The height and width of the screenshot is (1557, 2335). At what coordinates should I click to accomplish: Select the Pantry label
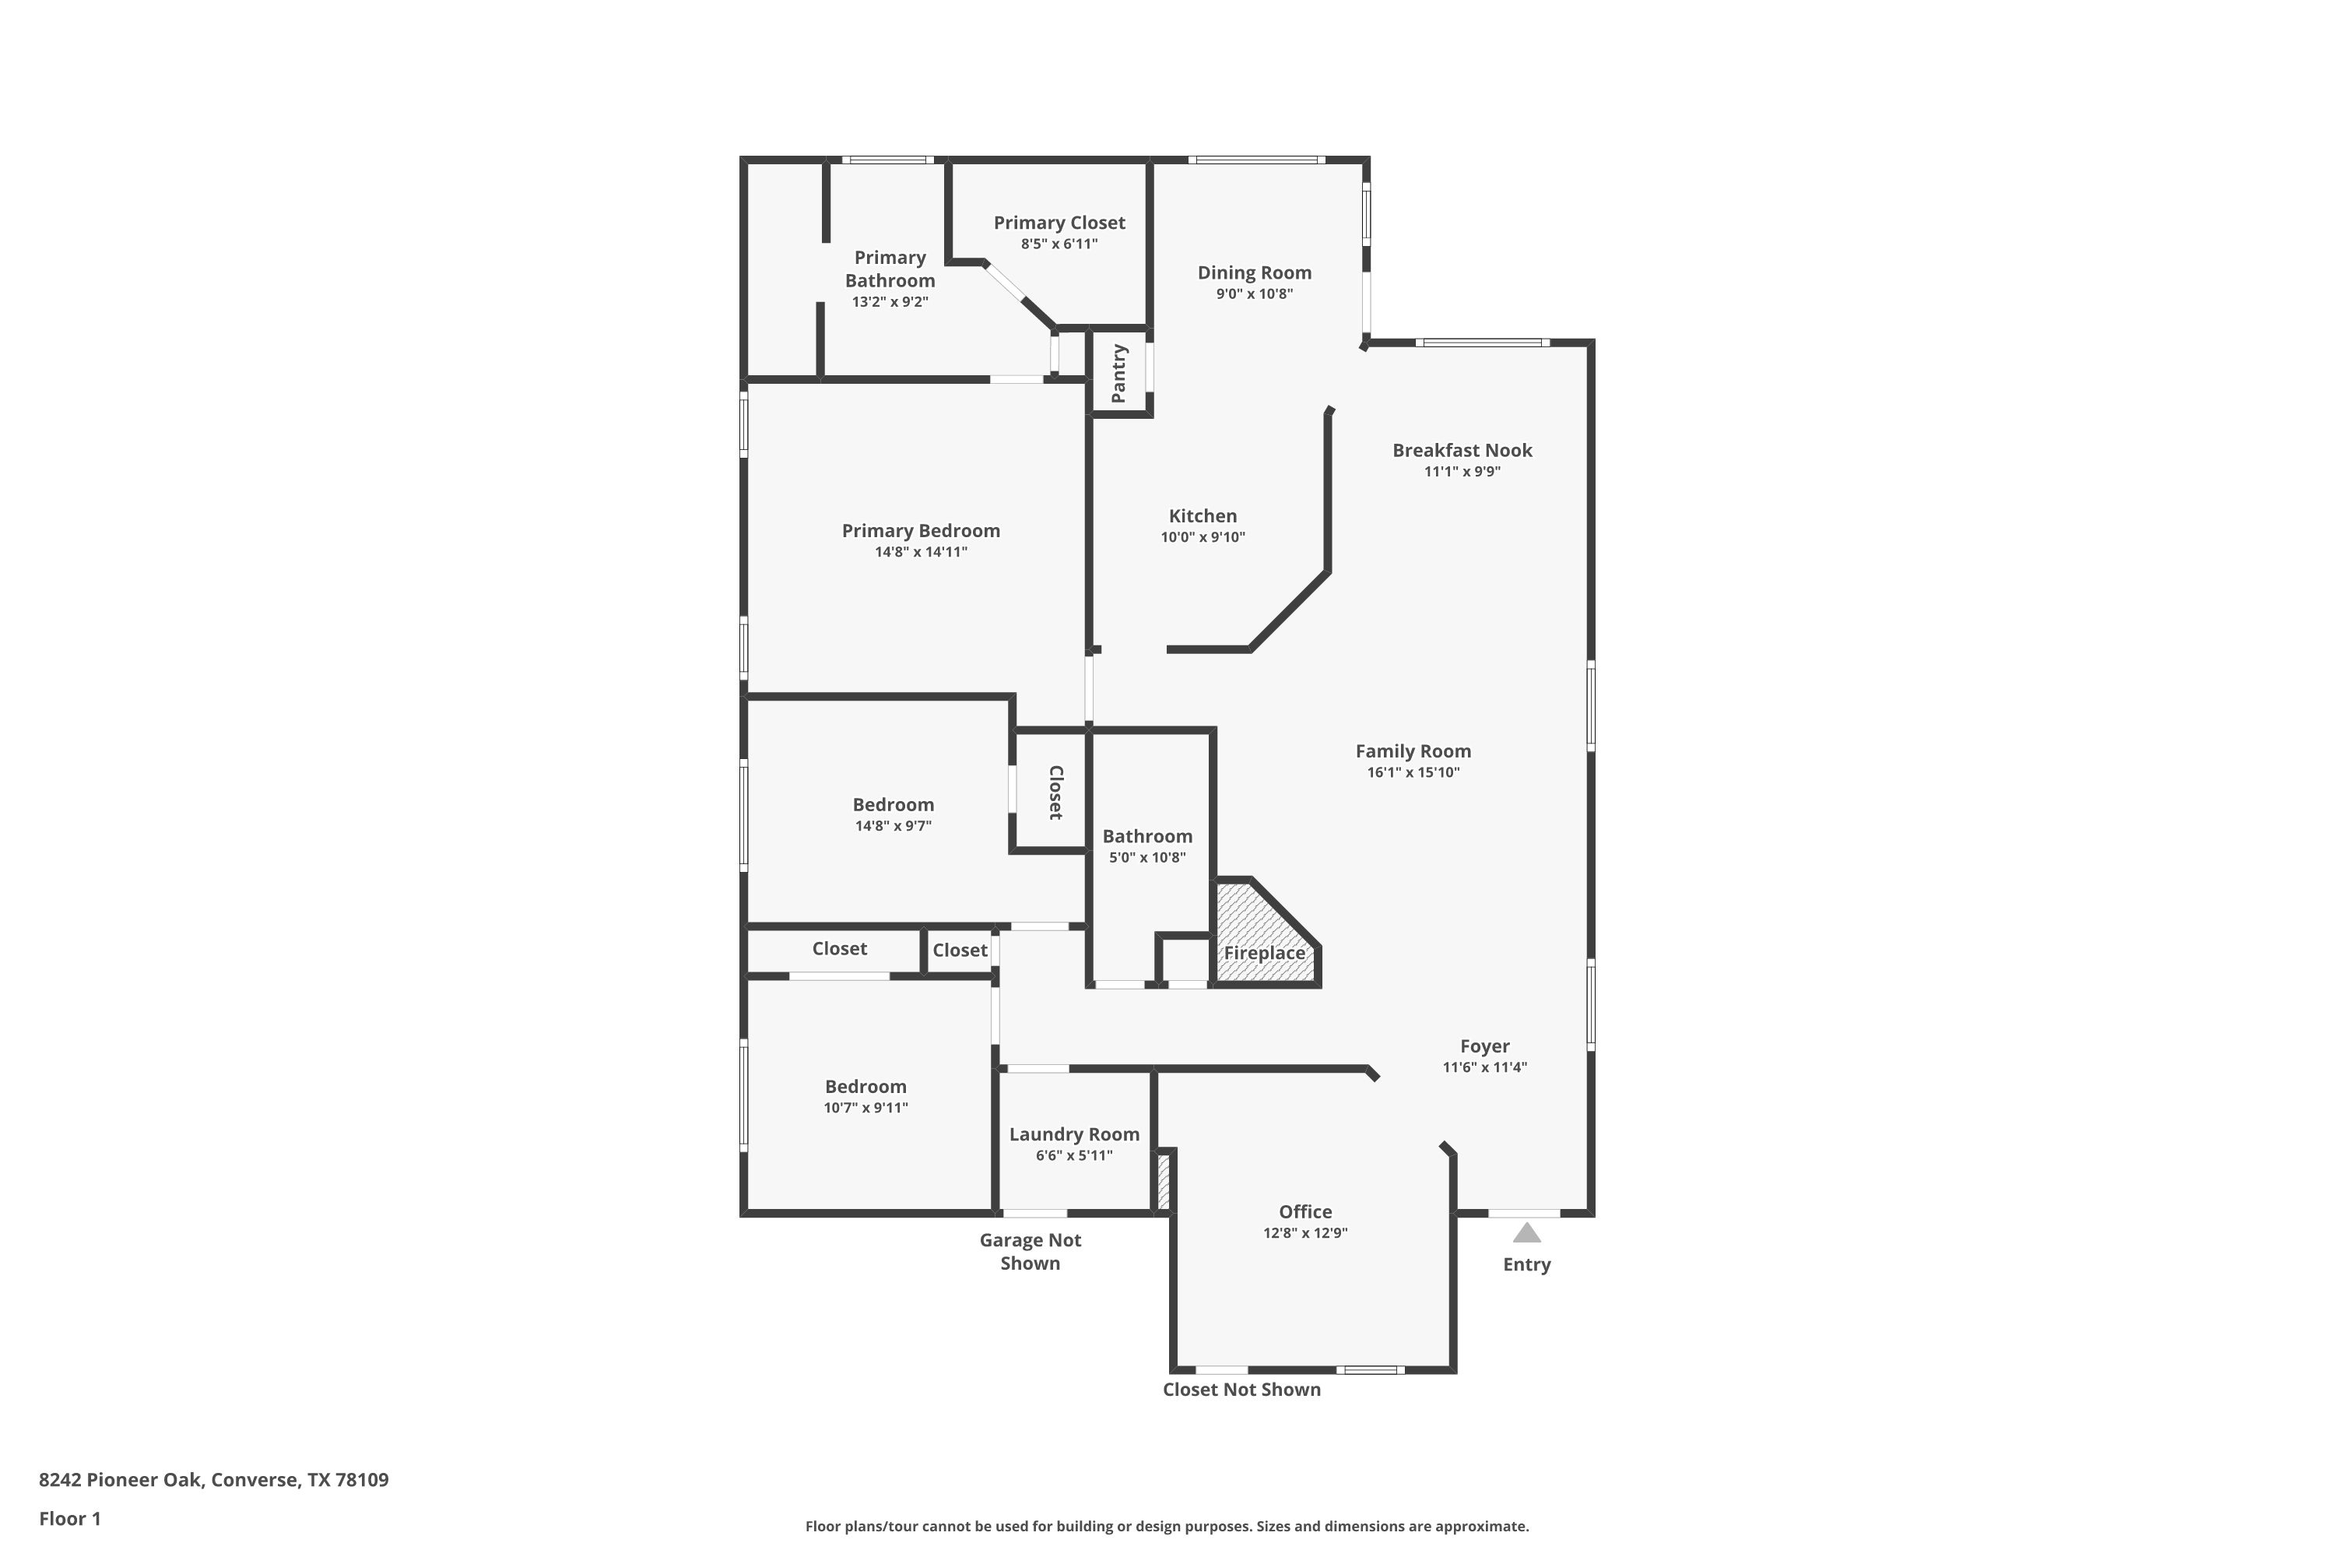[1119, 374]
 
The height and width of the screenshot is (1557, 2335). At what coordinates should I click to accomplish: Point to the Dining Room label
[1254, 272]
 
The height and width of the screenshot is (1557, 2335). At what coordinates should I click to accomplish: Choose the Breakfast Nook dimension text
[1462, 472]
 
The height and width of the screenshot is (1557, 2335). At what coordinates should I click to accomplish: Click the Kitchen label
[1203, 516]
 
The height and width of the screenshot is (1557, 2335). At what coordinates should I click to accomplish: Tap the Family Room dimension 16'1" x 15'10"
[1413, 772]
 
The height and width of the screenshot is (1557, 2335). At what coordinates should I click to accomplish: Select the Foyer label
[1484, 1046]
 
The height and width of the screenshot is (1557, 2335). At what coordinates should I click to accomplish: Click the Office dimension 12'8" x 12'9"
[1304, 1233]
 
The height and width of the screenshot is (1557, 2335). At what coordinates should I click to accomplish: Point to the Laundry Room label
[1074, 1134]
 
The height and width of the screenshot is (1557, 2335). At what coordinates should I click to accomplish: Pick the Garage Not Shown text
[1031, 1251]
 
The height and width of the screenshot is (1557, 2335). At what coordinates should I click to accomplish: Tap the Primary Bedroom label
[920, 531]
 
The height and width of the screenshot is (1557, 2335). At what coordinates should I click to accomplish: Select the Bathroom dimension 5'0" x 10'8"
[1146, 858]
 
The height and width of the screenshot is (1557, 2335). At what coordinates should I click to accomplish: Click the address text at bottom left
[213, 1481]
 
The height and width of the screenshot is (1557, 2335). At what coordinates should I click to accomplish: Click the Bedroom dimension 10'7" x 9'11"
[866, 1108]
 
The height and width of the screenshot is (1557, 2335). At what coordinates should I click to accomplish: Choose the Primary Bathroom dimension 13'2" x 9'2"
[890, 302]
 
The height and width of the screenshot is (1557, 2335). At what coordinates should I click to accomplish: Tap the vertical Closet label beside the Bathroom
[1055, 793]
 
